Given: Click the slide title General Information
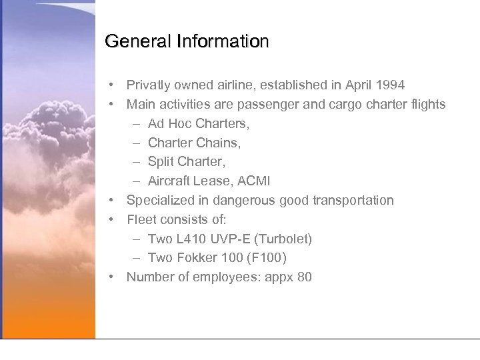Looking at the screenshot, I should [187, 41].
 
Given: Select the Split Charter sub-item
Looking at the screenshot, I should [187, 162].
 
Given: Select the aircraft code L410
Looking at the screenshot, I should [193, 239].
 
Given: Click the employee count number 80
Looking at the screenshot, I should [304, 277].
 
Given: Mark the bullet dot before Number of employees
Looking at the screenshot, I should [115, 277].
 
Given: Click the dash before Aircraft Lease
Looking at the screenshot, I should [135, 181].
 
